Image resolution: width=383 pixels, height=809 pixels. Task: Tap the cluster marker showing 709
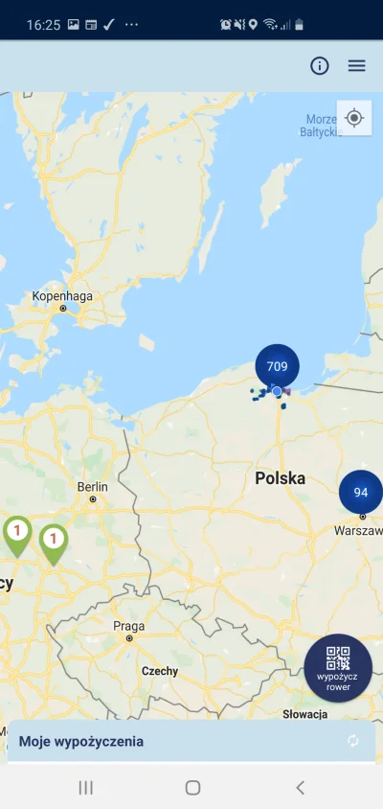pos(277,366)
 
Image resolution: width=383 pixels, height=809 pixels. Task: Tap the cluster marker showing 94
pos(360,493)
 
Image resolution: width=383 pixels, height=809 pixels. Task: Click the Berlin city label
pos(93,487)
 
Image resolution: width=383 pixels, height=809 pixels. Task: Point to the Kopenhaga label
pos(63,296)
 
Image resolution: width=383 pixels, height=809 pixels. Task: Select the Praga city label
pos(129,626)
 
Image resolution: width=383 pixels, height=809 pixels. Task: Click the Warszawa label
pos(358,530)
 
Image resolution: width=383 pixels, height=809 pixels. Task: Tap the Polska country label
pos(280,477)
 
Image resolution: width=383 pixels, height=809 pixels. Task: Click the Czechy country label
pos(160,671)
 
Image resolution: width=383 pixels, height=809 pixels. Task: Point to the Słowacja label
pos(305,714)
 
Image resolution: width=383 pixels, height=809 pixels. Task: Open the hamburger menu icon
pos(356,66)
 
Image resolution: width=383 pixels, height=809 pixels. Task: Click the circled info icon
pos(320,66)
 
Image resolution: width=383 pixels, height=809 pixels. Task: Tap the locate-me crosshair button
pos(354,118)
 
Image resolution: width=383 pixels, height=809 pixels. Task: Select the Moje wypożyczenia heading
pos(81,741)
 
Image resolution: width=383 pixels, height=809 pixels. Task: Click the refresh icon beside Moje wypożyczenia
pos(353,741)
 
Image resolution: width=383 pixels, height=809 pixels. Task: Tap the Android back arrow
pos(300,787)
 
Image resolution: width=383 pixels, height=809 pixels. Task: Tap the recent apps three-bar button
pos(85,787)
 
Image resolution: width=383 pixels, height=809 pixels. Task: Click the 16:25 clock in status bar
pos(42,23)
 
